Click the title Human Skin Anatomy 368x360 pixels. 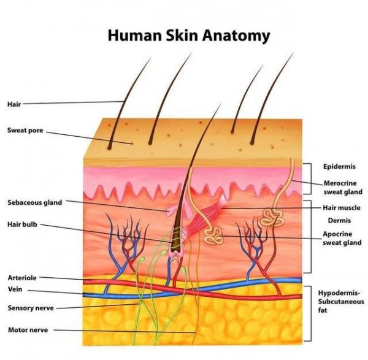(x=189, y=36)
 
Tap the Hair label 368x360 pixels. (x=14, y=104)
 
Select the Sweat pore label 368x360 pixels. (x=25, y=130)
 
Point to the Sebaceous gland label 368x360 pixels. (x=35, y=202)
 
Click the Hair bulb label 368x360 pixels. (x=22, y=224)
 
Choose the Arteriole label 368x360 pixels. (x=22, y=278)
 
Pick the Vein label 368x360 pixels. (x=15, y=289)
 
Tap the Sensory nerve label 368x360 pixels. (x=31, y=308)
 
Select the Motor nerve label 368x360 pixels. (x=28, y=330)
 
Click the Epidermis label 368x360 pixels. (x=339, y=167)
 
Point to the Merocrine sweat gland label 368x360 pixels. (x=343, y=188)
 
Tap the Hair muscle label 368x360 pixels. (x=342, y=208)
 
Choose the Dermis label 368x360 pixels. (x=339, y=220)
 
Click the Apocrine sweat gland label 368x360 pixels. (x=342, y=238)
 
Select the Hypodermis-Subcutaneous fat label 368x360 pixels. (x=341, y=302)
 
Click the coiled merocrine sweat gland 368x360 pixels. (x=272, y=217)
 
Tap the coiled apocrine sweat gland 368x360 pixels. (x=213, y=236)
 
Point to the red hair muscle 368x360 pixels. (x=205, y=216)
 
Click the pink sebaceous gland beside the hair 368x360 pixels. (x=171, y=210)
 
